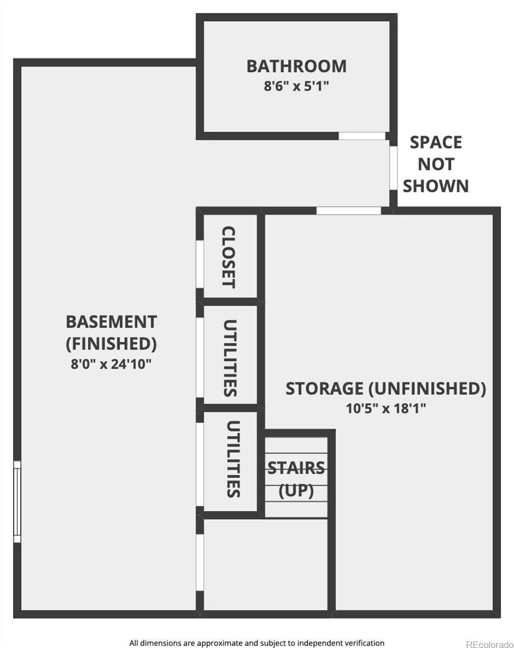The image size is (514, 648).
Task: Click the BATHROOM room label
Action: click(297, 66)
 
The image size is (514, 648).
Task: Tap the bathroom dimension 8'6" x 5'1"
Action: click(297, 86)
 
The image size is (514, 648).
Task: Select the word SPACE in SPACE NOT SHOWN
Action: click(436, 142)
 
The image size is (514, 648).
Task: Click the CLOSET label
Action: click(229, 257)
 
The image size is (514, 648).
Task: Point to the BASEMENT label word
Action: click(111, 322)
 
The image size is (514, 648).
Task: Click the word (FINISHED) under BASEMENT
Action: click(111, 344)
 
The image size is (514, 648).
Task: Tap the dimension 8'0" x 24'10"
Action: click(111, 364)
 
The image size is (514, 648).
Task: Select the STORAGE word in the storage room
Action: click(324, 389)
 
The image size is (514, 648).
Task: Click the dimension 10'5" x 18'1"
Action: click(385, 409)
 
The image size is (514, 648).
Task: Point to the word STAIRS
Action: click(296, 468)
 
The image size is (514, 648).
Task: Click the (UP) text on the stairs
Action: click(296, 491)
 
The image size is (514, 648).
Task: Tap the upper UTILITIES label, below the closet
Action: click(229, 358)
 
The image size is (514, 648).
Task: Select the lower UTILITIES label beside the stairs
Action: click(233, 459)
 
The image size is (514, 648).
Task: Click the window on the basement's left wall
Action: click(17, 501)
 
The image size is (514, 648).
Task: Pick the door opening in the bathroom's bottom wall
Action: click(361, 136)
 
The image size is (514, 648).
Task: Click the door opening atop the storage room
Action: click(348, 211)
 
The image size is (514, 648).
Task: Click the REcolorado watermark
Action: click(489, 643)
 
